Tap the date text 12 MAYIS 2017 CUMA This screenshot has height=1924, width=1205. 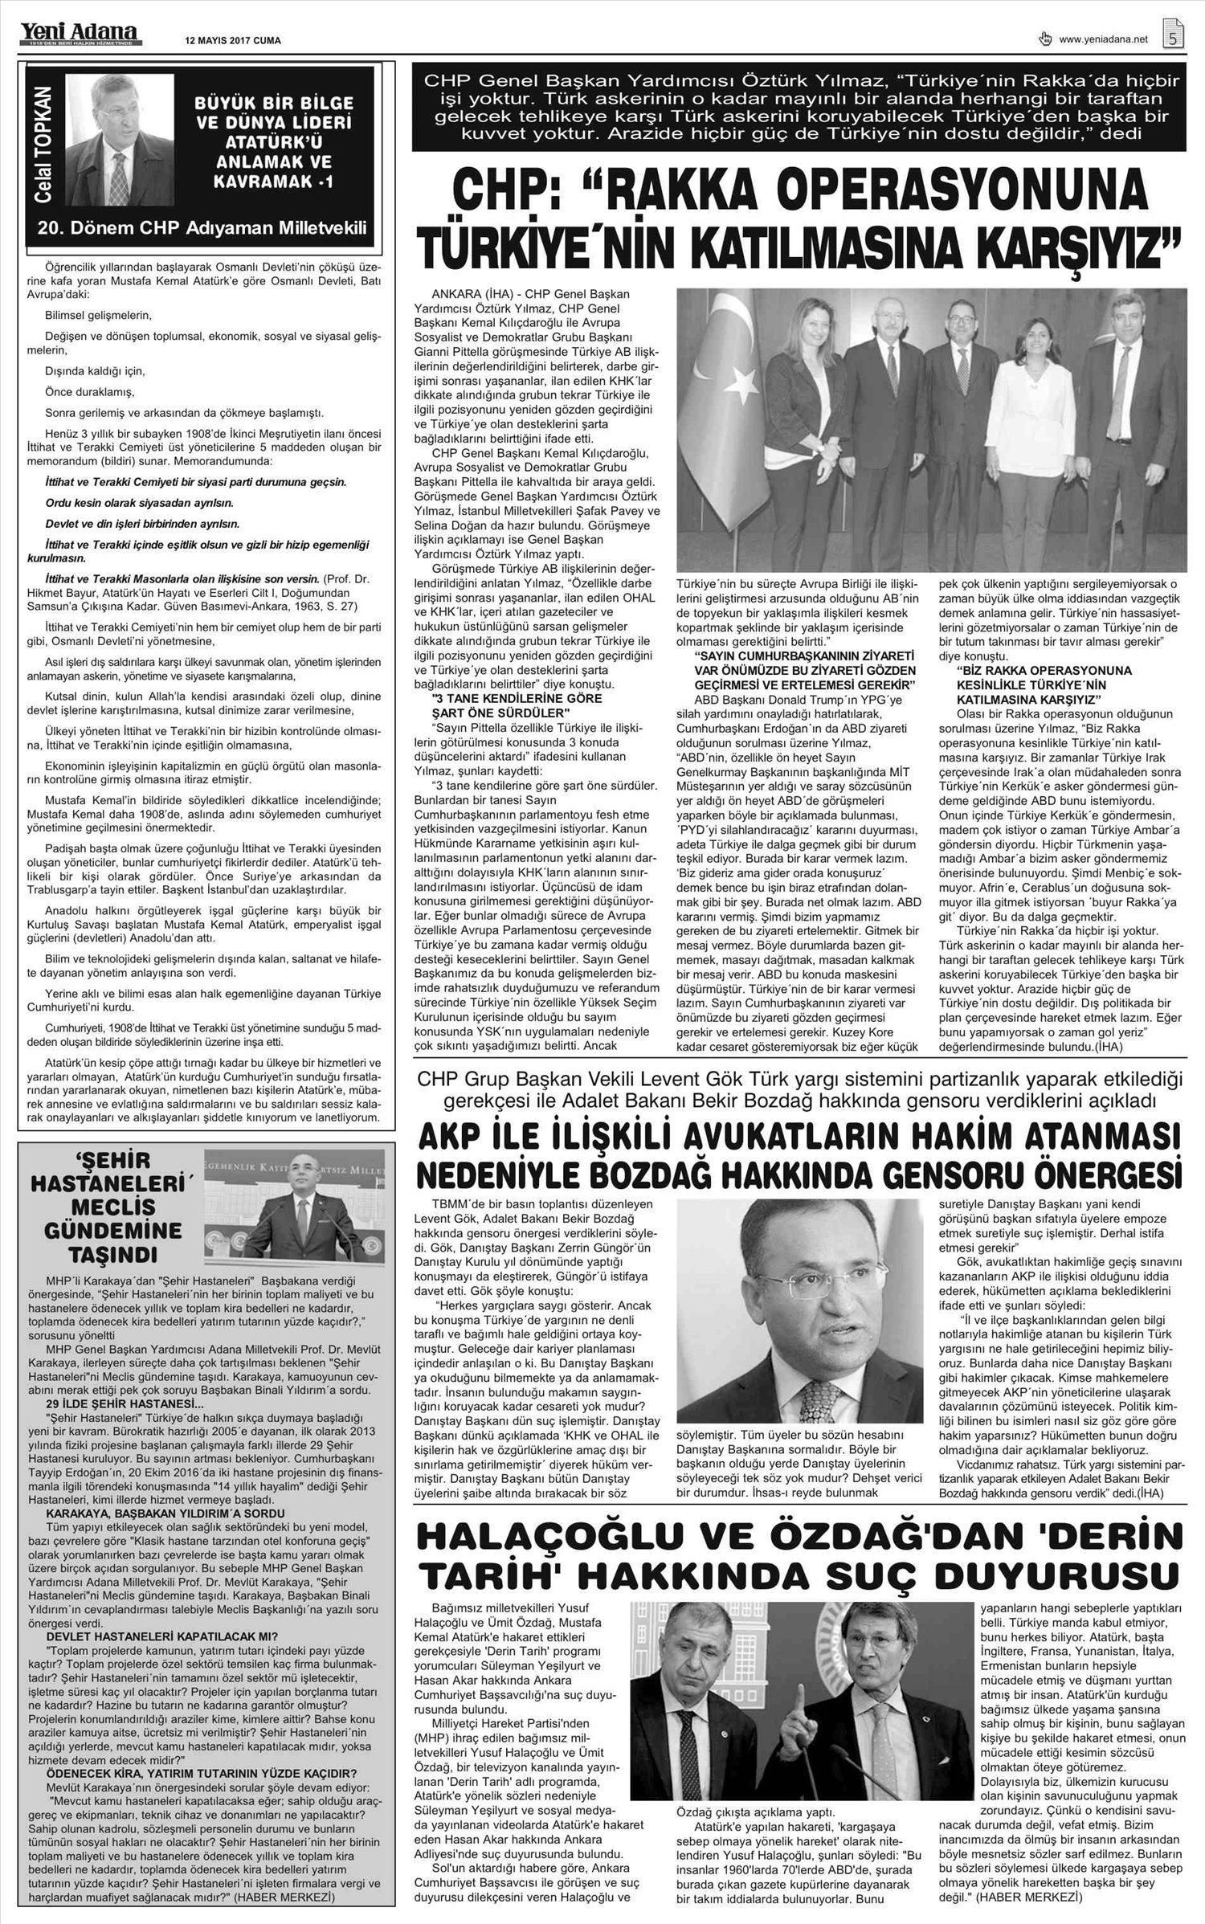(233, 41)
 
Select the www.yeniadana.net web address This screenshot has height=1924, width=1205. (1103, 39)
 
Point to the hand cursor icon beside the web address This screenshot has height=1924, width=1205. (1045, 38)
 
